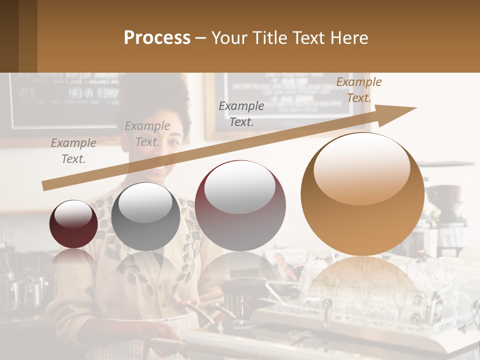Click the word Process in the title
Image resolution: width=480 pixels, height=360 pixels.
pyautogui.click(x=157, y=38)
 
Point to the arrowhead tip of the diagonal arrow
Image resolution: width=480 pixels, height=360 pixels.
pyautogui.click(x=415, y=107)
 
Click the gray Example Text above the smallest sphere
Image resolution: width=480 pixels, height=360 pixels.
pyautogui.click(x=73, y=150)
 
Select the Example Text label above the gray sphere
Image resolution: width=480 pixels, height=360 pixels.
pyautogui.click(x=147, y=134)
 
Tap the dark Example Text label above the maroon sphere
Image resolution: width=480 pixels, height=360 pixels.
pyautogui.click(x=241, y=113)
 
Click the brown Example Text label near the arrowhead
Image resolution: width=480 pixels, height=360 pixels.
pyautogui.click(x=358, y=90)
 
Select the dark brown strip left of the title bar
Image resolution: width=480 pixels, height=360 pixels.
pyautogui.click(x=18, y=36)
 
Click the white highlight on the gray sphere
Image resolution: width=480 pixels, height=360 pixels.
pyautogui.click(x=145, y=201)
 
